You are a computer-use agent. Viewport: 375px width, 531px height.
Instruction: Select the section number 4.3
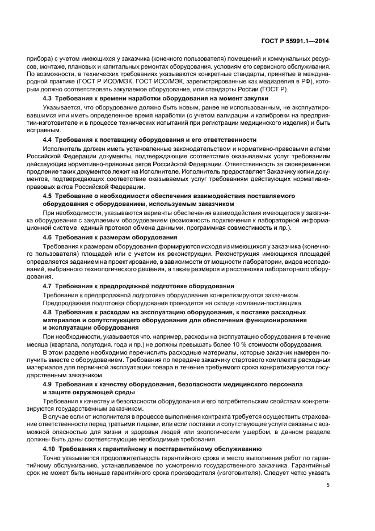click(x=48, y=99)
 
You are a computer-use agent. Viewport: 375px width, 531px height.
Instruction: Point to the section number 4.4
click(x=48, y=140)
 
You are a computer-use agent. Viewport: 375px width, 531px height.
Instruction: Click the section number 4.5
click(x=48, y=195)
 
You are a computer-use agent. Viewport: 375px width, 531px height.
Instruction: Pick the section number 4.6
click(x=48, y=237)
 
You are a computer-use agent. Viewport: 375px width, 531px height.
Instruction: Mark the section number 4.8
click(x=48, y=313)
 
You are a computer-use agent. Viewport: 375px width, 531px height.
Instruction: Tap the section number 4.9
click(x=48, y=385)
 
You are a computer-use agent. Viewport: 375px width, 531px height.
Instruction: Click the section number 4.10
click(x=50, y=448)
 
